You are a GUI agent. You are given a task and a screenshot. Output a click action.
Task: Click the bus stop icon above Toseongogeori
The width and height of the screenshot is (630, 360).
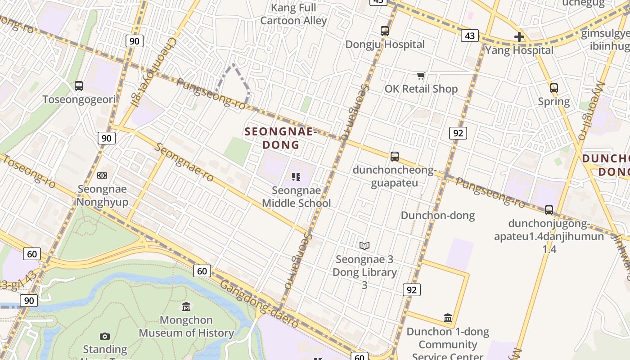pos(79,85)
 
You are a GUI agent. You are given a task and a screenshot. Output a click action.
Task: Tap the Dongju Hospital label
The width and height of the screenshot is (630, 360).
pos(385,45)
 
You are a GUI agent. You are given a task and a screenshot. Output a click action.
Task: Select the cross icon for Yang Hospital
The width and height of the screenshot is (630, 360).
pos(519,37)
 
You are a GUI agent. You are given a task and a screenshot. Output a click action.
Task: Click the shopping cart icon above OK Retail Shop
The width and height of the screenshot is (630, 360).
pos(421,76)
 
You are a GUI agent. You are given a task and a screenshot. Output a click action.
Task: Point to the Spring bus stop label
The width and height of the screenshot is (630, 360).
pos(554,101)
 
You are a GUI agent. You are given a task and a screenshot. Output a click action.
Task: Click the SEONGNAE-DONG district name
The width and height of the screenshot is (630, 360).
pos(281,138)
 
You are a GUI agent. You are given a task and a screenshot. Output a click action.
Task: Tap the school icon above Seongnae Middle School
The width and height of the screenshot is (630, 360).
pos(296,176)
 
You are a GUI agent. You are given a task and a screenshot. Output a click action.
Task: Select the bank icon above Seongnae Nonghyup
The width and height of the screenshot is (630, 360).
pos(102,175)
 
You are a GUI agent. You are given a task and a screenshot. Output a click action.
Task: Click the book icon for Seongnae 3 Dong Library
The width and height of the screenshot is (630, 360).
pos(364,246)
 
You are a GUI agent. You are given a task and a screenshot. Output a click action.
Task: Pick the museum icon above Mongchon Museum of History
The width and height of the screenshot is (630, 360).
pos(186,307)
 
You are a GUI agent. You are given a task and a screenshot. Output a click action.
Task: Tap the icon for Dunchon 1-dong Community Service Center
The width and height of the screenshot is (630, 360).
pos(448,318)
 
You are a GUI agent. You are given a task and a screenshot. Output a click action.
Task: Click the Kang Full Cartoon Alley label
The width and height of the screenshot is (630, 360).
pos(294,14)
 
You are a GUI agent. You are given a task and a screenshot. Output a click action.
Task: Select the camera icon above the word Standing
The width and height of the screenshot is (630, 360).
pos(105,336)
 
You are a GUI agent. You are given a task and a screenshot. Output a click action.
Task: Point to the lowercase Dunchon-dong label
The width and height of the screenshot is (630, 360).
pos(437,216)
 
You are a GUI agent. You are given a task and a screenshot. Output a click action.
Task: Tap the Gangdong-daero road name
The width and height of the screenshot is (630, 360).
pos(259,304)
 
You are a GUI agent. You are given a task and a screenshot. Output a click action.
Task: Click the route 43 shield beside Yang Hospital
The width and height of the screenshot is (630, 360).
pos(469,36)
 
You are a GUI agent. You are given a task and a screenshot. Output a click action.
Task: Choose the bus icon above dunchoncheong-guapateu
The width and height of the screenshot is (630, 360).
pos(395,157)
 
